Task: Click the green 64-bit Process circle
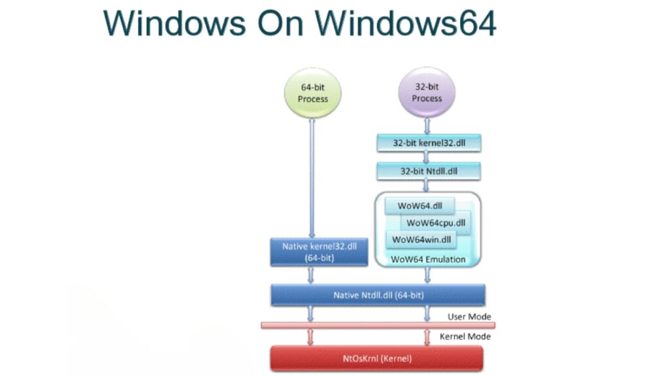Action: pyautogui.click(x=313, y=93)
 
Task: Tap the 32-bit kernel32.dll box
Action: pyautogui.click(x=427, y=142)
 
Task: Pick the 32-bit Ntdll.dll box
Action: pyautogui.click(x=427, y=172)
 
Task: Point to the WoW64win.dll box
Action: pyautogui.click(x=421, y=240)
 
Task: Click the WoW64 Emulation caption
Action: pyautogui.click(x=428, y=259)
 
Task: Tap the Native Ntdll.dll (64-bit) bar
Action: pyautogui.click(x=378, y=295)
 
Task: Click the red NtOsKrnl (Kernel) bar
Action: pyautogui.click(x=377, y=358)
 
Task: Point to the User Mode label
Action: pyautogui.click(x=469, y=317)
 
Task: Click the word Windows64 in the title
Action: pyautogui.click(x=406, y=23)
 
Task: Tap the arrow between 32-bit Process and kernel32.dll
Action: pyautogui.click(x=427, y=125)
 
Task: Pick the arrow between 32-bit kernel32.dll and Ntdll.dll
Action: pyautogui.click(x=427, y=157)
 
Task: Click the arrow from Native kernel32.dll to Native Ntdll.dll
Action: pyautogui.click(x=312, y=275)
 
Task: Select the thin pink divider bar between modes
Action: pyautogui.click(x=378, y=325)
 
